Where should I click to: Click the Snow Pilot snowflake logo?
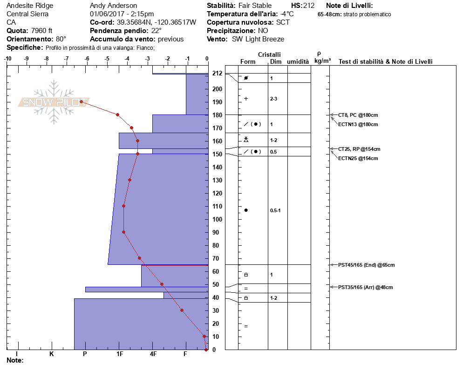coord(54,102)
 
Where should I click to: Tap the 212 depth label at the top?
coord(217,73)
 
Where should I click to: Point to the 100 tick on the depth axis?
coord(217,219)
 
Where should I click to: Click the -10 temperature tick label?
coord(7,59)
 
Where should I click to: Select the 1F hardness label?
coord(120,354)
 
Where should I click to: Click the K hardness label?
coord(51,354)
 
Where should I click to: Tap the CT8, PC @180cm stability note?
coord(358,115)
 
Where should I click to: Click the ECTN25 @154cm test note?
coord(358,158)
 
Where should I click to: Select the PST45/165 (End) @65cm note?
coord(367,265)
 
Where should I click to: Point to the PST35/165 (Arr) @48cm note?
coord(366,287)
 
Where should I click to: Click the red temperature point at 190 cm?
coord(81,102)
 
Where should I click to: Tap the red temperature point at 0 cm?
coord(206,350)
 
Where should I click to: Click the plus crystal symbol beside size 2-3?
coord(246,99)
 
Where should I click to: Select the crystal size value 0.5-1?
coord(275,210)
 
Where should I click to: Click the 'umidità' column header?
coord(298,61)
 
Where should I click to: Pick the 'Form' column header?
coord(248,61)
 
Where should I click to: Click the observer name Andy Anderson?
coord(113,6)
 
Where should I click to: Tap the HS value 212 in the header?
coord(308,6)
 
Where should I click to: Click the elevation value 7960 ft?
coord(41,31)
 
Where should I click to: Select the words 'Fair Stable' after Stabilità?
coord(255,6)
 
